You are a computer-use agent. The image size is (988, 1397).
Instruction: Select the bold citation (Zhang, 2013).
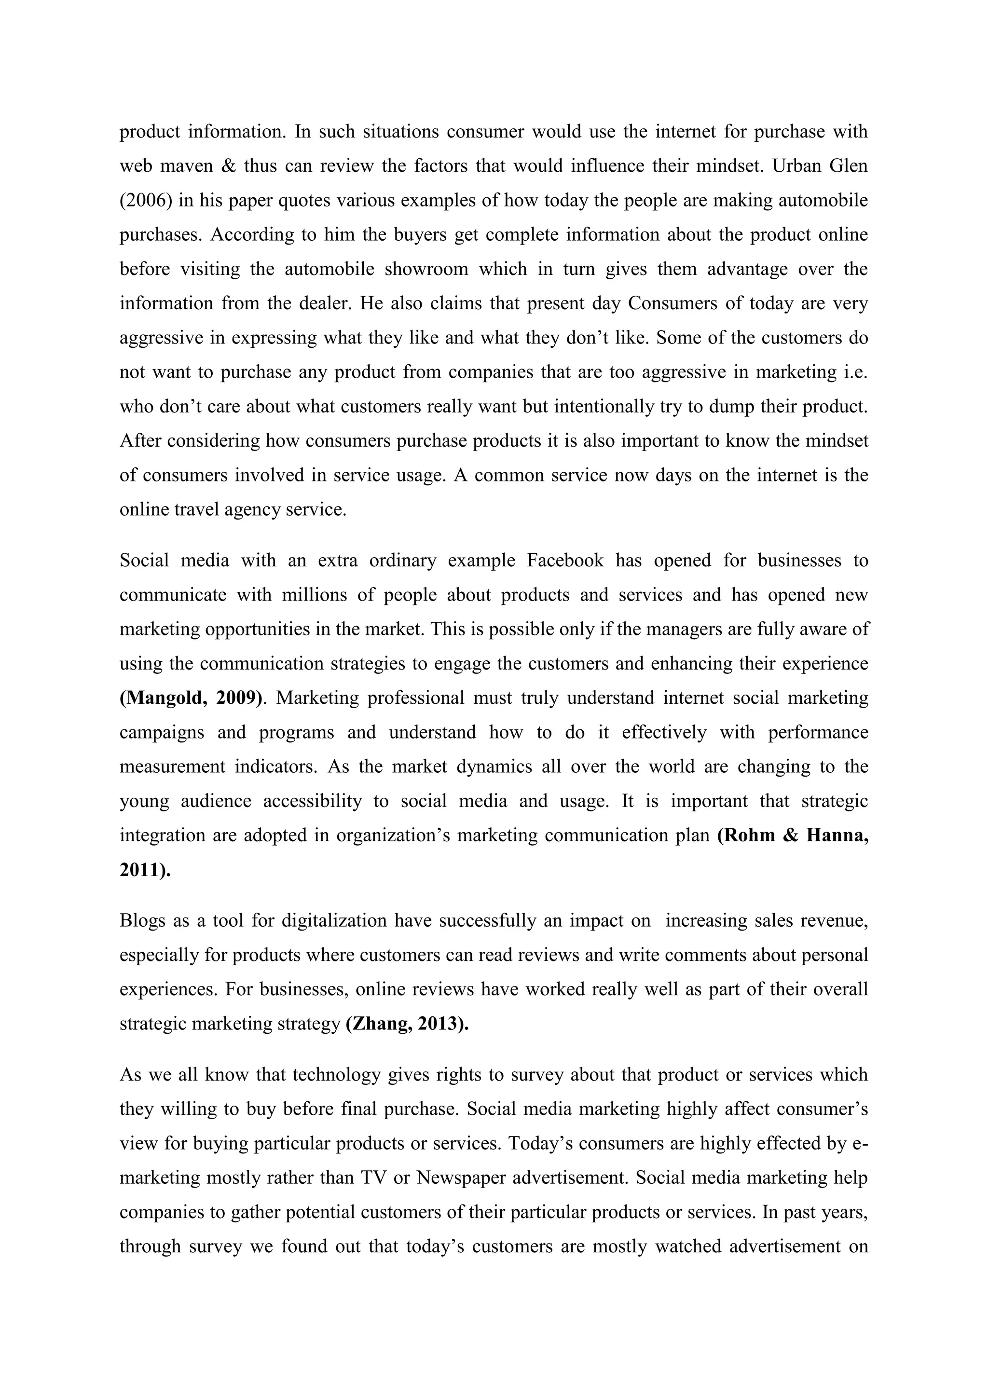point(407,1024)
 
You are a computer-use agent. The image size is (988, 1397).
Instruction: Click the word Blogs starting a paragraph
point(142,920)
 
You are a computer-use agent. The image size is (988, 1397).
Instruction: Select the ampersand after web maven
point(229,166)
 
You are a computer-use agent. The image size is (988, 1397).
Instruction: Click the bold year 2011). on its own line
point(145,870)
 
